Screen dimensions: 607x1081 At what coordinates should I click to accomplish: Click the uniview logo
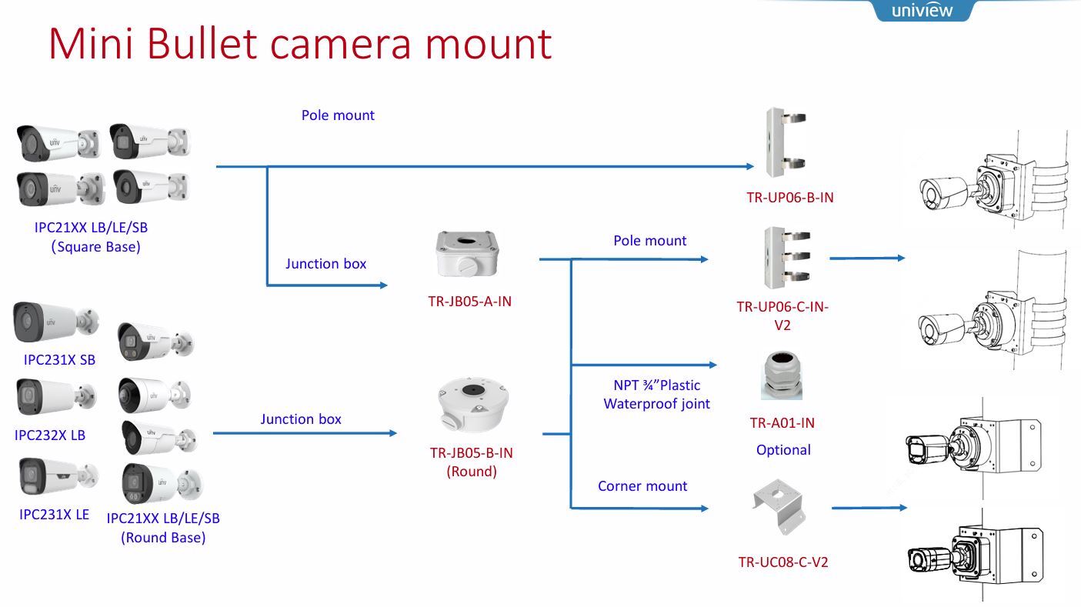click(x=922, y=11)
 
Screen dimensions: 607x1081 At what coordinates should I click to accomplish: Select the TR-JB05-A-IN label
click(x=469, y=302)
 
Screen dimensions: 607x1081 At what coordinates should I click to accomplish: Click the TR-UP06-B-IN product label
click(x=789, y=197)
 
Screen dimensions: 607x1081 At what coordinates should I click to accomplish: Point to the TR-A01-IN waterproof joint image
click(x=782, y=375)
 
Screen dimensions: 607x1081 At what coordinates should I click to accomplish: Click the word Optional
click(x=783, y=450)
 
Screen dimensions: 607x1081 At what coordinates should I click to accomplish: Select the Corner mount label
click(x=642, y=486)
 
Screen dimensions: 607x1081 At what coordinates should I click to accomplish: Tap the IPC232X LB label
click(x=50, y=435)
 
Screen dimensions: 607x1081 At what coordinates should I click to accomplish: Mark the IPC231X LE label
click(x=54, y=515)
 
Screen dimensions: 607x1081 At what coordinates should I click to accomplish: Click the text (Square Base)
click(x=96, y=247)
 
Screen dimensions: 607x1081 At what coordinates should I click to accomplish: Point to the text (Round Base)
click(x=163, y=538)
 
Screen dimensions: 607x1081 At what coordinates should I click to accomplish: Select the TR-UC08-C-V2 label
click(x=783, y=562)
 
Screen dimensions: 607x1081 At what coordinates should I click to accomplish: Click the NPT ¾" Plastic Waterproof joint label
click(x=656, y=394)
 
